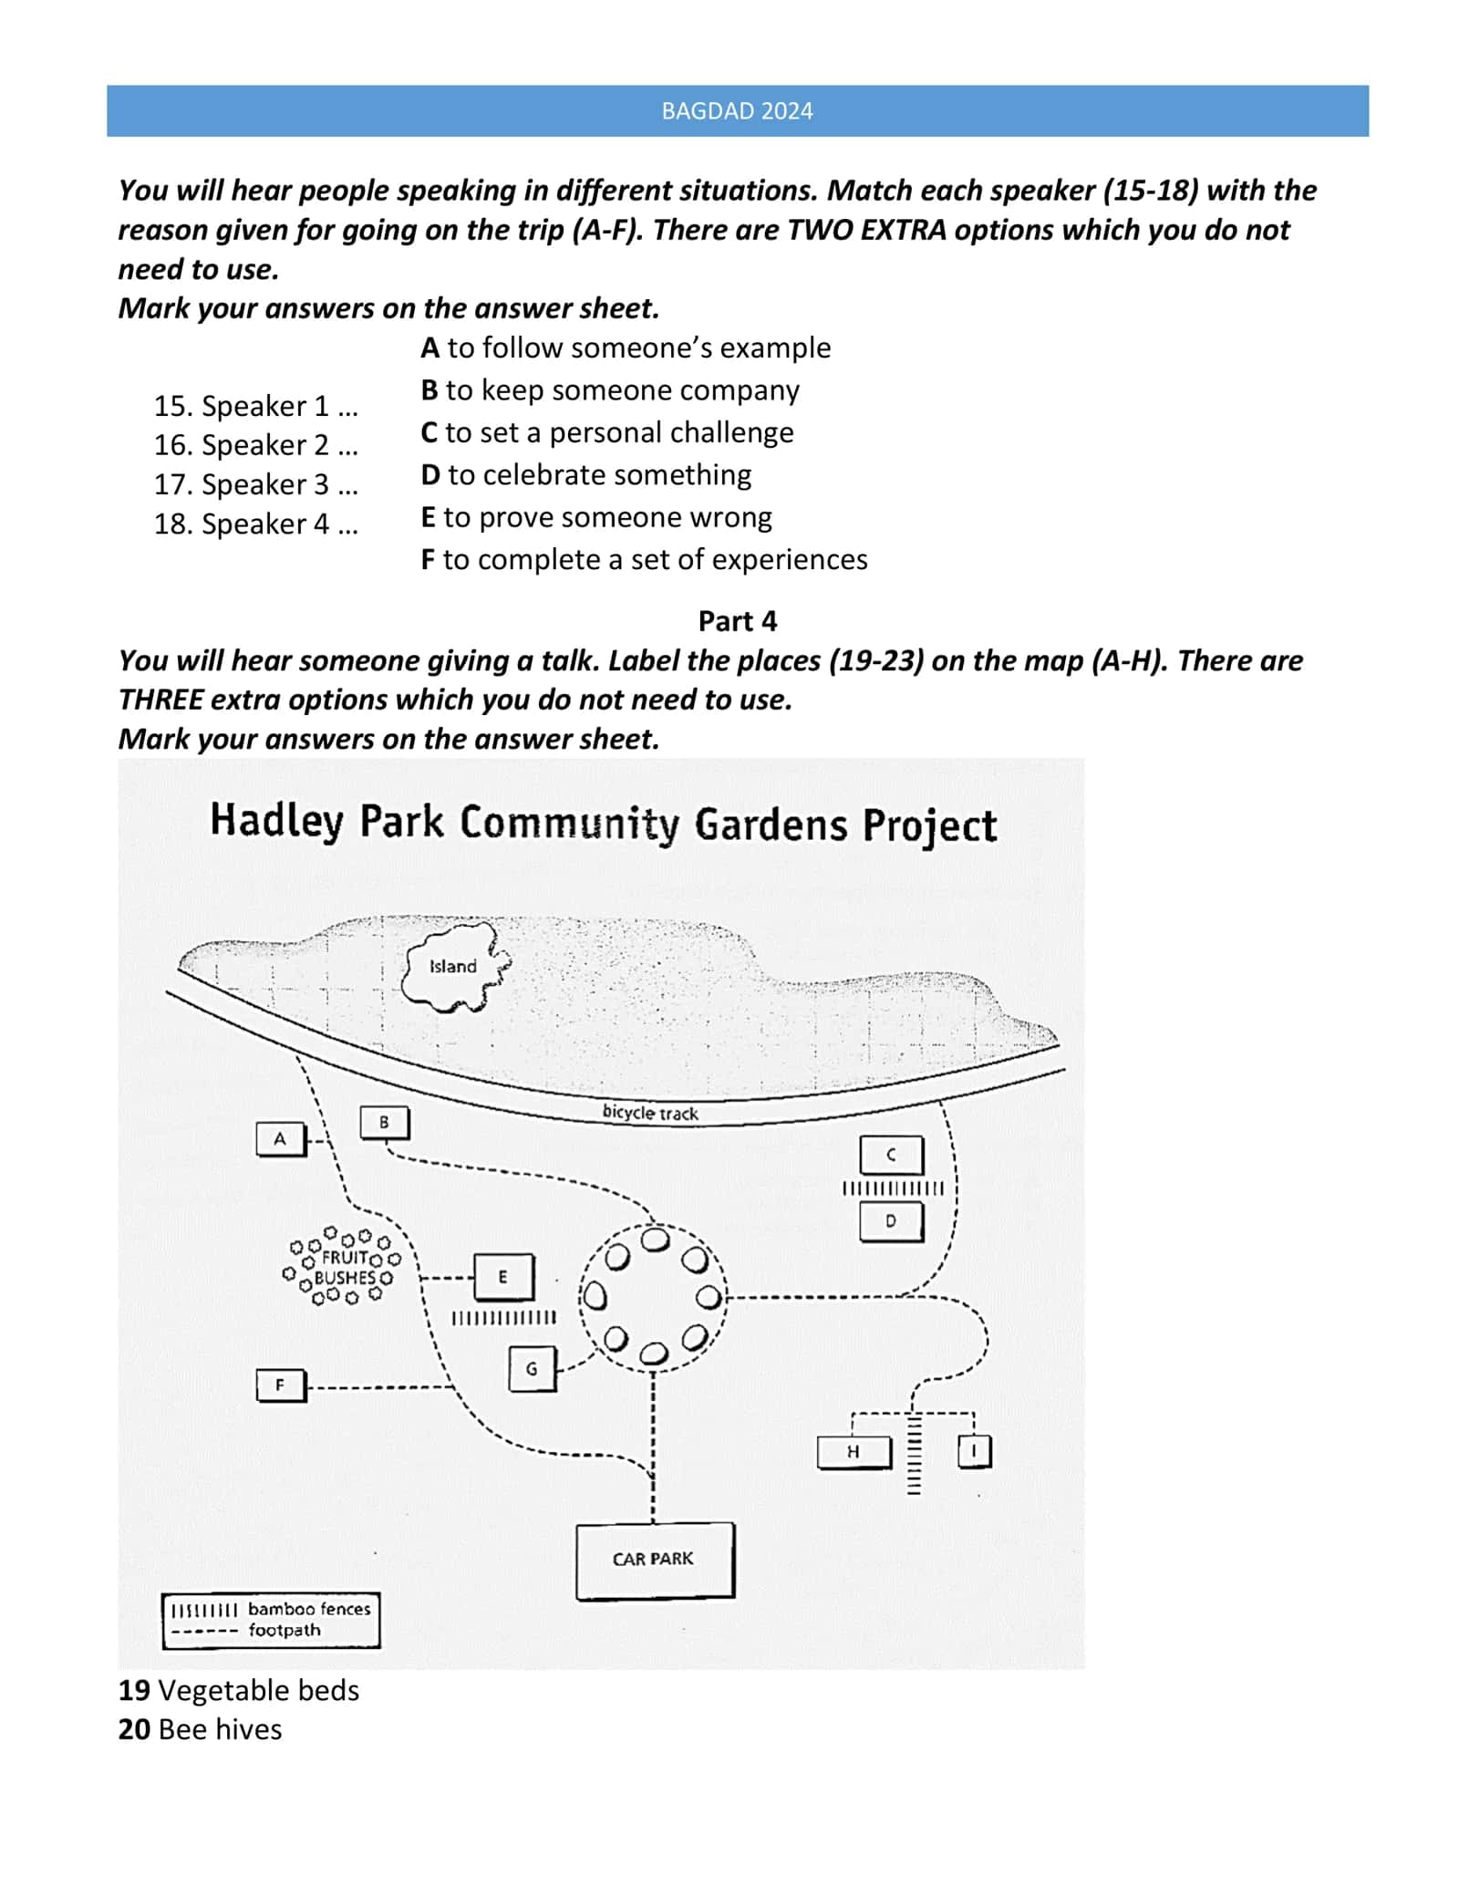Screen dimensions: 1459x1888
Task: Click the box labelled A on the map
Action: click(281, 1138)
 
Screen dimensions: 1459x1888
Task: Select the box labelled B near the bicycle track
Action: click(385, 1122)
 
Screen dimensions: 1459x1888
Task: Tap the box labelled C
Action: click(892, 1155)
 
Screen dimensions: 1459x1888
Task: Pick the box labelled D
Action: click(892, 1221)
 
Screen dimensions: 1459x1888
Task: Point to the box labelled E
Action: click(503, 1277)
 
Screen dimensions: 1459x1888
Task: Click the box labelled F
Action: click(281, 1385)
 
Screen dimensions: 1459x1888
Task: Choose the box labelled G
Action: click(532, 1369)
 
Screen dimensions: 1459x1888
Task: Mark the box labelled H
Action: click(854, 1451)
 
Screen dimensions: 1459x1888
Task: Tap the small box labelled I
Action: click(975, 1451)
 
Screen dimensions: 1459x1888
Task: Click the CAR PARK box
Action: click(655, 1560)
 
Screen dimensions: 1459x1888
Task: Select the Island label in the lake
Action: click(453, 966)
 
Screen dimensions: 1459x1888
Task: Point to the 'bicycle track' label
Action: click(650, 1112)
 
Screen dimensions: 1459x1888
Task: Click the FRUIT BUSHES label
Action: click(346, 1268)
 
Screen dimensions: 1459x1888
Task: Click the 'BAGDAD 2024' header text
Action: click(737, 111)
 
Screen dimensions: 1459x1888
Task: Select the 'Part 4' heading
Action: click(738, 621)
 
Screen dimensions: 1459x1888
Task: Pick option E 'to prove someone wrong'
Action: click(596, 517)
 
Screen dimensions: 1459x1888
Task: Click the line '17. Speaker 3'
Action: click(256, 484)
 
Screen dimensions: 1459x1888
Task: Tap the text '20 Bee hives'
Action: click(201, 1729)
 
